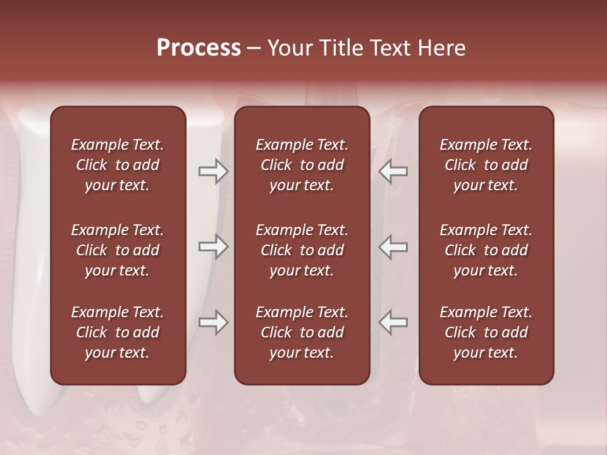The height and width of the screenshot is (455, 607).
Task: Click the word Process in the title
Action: tap(199, 48)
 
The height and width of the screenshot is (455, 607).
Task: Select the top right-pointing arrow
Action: tap(213, 171)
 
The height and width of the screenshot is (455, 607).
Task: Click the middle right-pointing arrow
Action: tap(213, 246)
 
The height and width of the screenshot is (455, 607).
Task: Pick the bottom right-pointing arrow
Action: tap(213, 322)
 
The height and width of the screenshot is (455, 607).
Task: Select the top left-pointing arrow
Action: tap(393, 171)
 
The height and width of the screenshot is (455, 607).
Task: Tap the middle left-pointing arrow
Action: tap(393, 246)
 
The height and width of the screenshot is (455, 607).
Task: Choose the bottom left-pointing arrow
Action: tap(393, 322)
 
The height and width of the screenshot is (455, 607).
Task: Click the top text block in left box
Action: tap(118, 165)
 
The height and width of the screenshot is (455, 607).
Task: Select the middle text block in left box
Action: tap(118, 250)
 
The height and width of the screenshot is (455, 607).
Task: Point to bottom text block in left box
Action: tap(118, 332)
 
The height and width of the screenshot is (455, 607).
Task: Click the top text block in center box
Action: tap(302, 165)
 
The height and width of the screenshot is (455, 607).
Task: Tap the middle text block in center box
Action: tap(302, 250)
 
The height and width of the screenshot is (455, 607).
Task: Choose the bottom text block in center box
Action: tap(302, 332)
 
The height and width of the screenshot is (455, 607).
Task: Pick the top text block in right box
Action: tap(486, 165)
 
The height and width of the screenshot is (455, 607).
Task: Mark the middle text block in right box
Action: tap(486, 250)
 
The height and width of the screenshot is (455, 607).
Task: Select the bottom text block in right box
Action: tap(486, 332)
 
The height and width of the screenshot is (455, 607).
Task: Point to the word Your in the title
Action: tap(288, 48)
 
